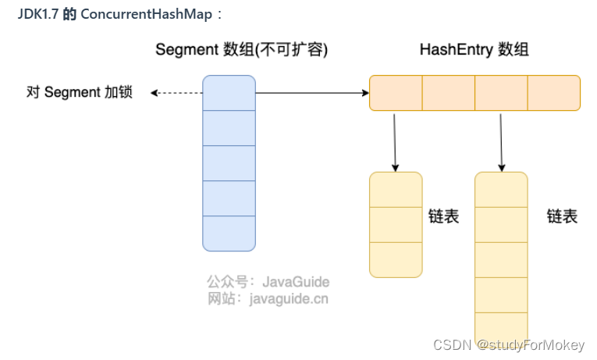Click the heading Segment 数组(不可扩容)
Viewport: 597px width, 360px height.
point(241,50)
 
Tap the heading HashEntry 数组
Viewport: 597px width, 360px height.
point(474,50)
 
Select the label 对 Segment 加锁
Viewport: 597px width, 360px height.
point(80,93)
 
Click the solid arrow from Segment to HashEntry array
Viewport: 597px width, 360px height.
point(312,93)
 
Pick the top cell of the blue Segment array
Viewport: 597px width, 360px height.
point(229,93)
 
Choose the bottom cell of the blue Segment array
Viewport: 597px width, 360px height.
point(229,233)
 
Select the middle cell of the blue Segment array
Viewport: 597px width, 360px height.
point(229,163)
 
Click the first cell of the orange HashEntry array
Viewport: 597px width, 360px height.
point(396,93)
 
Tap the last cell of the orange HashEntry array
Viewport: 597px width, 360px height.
point(553,93)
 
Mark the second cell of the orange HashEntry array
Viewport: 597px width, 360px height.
point(448,93)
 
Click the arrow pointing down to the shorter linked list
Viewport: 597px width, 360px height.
point(395,141)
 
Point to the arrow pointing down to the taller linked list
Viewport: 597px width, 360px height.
point(501,141)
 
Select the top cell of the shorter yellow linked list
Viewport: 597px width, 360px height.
point(396,190)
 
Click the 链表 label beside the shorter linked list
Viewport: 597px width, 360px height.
point(443,216)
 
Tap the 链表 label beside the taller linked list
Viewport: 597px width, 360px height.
point(562,216)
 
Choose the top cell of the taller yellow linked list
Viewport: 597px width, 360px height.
point(501,190)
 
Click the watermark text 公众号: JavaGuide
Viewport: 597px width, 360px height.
point(268,281)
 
